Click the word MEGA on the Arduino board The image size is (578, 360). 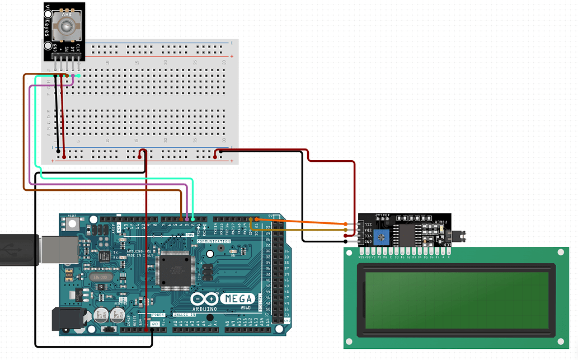tap(238, 298)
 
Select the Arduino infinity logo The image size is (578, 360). tap(203, 300)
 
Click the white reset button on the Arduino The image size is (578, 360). tap(73, 224)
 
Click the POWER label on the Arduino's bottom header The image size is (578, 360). tap(158, 315)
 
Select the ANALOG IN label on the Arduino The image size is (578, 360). tap(186, 315)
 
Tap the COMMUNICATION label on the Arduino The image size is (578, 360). tap(213, 241)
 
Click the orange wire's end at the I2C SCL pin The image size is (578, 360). tap(347, 224)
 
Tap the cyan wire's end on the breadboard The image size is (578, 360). tap(78, 76)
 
